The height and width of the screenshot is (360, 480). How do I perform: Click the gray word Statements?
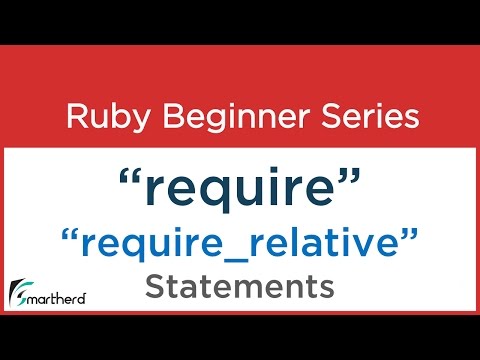239,287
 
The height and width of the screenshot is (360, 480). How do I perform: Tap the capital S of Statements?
155,287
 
